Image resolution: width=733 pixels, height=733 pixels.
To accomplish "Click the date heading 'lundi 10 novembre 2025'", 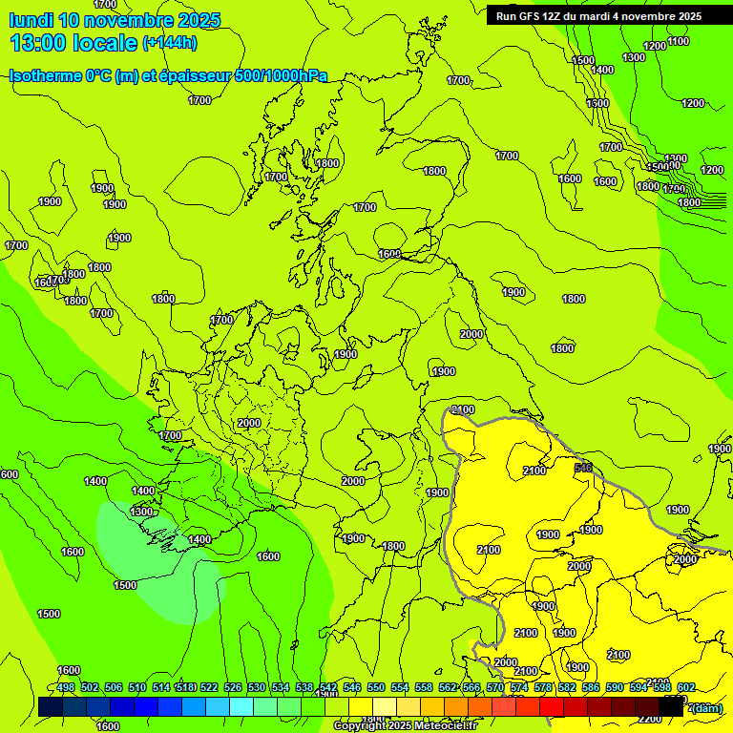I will point(115,20).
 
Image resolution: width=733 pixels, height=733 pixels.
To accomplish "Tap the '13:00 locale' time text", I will point(73,42).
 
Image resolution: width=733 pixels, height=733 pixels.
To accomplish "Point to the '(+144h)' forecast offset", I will point(170,42).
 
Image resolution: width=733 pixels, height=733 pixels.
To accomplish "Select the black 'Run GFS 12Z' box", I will point(598,15).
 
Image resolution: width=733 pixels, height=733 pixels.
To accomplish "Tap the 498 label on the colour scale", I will point(66,687).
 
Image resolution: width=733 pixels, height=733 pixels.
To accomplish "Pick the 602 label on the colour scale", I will point(686,687).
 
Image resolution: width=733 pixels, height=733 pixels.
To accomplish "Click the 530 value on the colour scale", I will point(257,687).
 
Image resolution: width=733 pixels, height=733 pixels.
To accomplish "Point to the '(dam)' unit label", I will point(706,707).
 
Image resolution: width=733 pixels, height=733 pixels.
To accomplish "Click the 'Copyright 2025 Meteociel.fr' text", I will point(404,726).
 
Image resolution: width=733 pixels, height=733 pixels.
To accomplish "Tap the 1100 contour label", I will point(679,41).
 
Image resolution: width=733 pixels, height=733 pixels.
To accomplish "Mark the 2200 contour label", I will point(649,719).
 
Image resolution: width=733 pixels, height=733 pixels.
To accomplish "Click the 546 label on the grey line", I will point(584,468).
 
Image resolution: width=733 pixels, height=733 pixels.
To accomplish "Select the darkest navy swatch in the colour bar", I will point(51,706).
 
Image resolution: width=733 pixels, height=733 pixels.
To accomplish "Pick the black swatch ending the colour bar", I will point(671,706).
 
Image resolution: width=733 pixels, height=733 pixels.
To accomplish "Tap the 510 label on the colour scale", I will point(137,687).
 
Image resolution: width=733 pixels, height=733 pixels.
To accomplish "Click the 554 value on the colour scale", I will point(400,687).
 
